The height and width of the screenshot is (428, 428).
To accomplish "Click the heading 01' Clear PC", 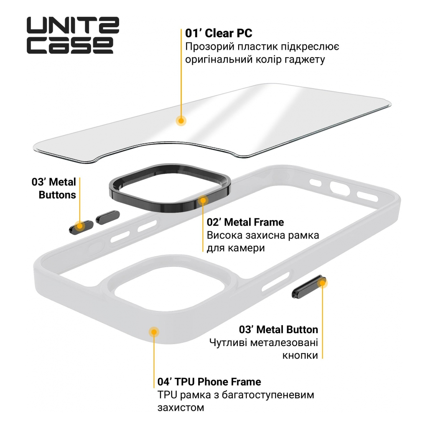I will [x=219, y=33].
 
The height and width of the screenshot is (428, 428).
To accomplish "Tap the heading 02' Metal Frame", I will [x=245, y=222].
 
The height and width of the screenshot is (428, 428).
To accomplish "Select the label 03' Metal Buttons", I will [x=54, y=188].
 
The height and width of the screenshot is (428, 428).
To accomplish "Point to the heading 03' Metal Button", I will [x=278, y=329].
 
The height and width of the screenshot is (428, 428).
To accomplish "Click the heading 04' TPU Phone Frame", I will [x=209, y=382].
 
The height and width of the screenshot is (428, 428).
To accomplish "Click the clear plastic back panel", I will [x=234, y=117].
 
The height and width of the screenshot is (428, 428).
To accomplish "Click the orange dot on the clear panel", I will [x=181, y=120].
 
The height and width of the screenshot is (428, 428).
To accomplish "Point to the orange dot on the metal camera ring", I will [x=203, y=200].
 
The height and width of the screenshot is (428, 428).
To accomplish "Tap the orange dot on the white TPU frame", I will [x=154, y=331].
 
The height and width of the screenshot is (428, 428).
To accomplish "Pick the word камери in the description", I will [x=247, y=248].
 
